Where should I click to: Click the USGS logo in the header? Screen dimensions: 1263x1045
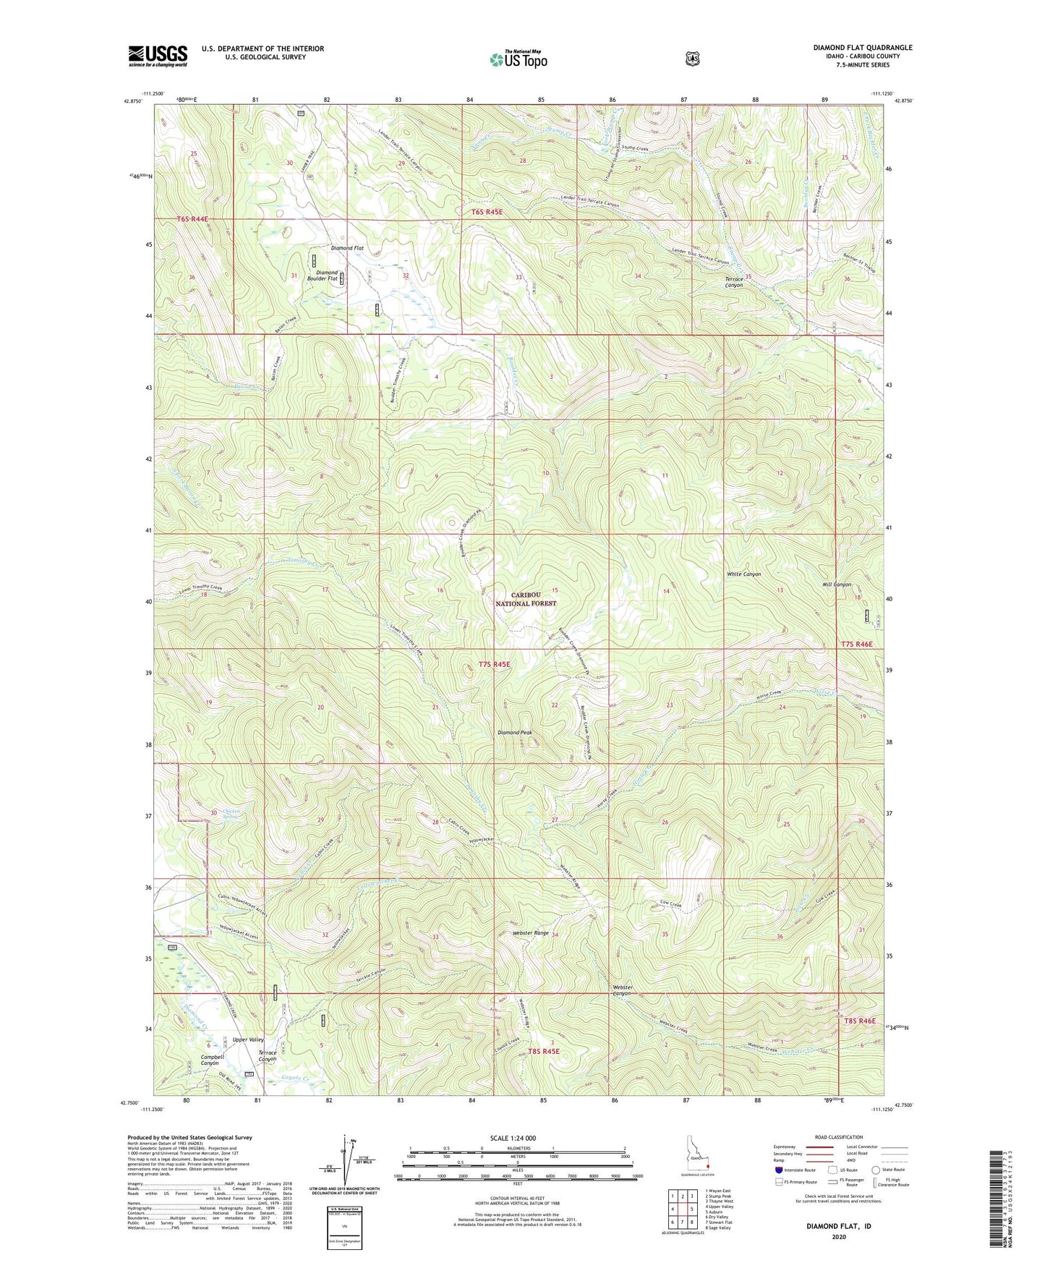point(158,56)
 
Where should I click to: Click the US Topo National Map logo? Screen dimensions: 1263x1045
point(518,59)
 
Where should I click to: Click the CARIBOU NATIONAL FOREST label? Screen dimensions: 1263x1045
point(526,598)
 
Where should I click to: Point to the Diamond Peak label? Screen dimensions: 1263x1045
point(515,733)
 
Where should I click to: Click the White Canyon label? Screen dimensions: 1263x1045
point(743,574)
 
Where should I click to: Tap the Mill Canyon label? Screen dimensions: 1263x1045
point(837,584)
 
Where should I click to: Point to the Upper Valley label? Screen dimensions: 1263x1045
point(248,1039)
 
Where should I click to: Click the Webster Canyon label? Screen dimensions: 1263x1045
point(622,990)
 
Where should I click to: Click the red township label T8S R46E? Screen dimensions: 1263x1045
point(859,1021)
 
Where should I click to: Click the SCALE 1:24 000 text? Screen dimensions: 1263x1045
point(513,1138)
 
